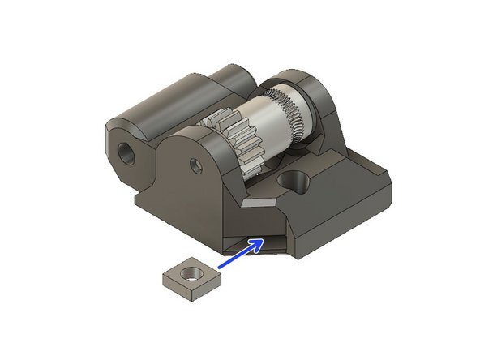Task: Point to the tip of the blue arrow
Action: tap(262, 240)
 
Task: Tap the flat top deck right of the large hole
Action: tap(341, 195)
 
